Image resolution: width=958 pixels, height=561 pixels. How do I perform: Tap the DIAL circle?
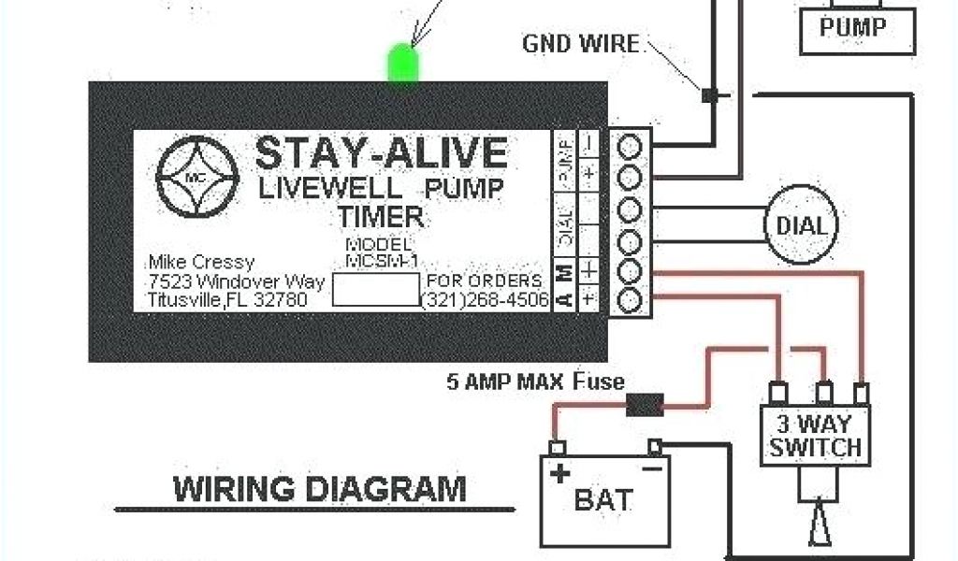pyautogui.click(x=802, y=225)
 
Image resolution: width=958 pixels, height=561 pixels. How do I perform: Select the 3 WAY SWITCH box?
pyautogui.click(x=815, y=434)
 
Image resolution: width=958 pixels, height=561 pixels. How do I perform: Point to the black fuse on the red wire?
pyautogui.click(x=643, y=406)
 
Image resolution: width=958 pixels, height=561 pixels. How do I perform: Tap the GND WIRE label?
pyautogui.click(x=580, y=43)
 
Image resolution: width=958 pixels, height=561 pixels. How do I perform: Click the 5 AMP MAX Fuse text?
pyautogui.click(x=535, y=381)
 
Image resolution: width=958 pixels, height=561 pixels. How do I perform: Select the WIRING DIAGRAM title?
pyautogui.click(x=318, y=489)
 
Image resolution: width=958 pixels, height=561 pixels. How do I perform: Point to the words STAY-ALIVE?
pyautogui.click(x=381, y=152)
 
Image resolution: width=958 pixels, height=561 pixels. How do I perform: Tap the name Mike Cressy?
pyautogui.click(x=200, y=262)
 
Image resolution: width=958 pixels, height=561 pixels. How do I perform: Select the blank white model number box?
pyautogui.click(x=374, y=291)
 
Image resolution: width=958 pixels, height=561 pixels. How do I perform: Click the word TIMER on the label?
pyautogui.click(x=380, y=218)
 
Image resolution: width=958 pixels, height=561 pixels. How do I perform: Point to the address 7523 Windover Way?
pyautogui.click(x=236, y=281)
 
